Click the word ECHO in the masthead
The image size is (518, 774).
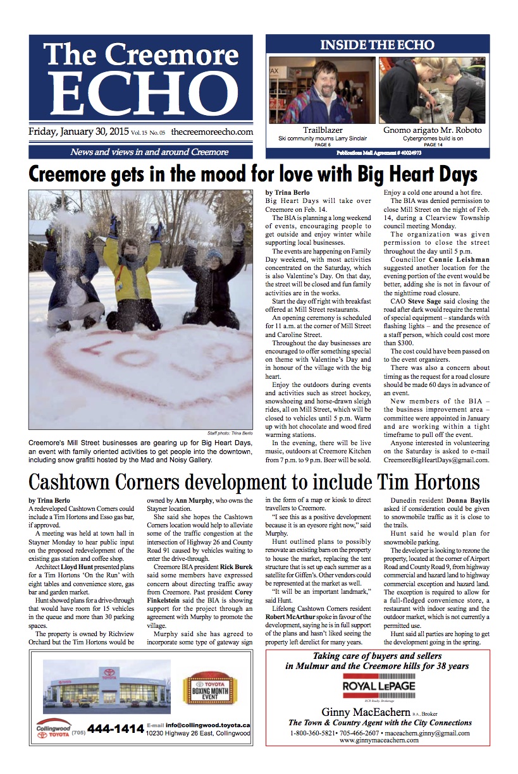tap(140, 94)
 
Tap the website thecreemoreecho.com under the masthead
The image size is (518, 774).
tap(211, 132)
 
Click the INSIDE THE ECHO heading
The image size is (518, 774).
tap(377, 45)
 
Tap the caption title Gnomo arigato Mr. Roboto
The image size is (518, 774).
tap(432, 130)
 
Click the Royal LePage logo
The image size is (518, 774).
tap(378, 686)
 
